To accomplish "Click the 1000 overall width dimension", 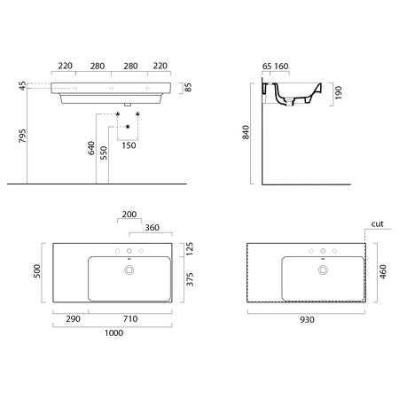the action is click(113, 333).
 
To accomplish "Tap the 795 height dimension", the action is click(22, 136).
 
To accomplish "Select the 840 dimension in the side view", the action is click(246, 132).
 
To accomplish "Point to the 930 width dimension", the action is click(307, 320).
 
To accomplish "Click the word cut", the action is click(378, 223).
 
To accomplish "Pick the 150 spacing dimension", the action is click(129, 145).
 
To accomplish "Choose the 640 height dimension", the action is click(91, 148).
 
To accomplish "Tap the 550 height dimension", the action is click(104, 153).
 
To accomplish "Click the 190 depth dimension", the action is click(339, 93).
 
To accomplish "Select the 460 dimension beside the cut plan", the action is click(383, 271).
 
